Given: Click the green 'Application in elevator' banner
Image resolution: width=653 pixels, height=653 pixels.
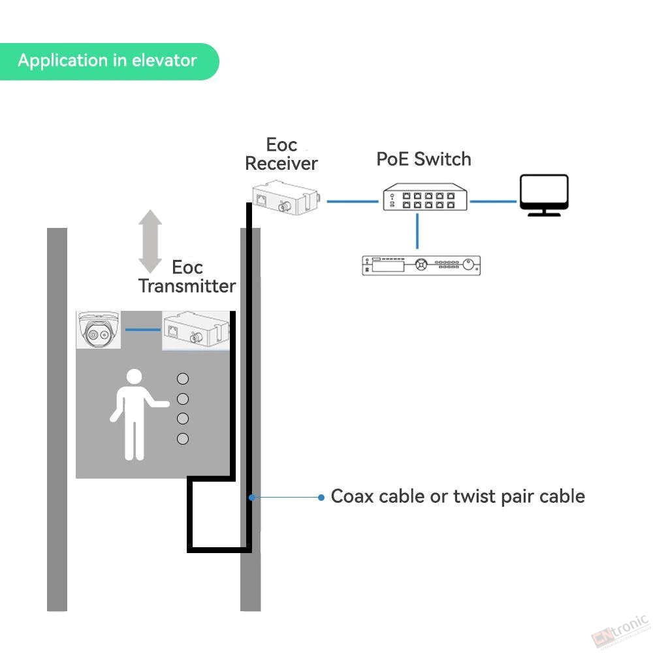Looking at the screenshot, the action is coord(109,61).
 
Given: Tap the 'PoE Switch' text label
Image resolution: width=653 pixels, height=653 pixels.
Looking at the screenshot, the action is coord(424,159).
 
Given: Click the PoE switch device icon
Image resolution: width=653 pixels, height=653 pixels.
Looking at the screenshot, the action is coord(425,197).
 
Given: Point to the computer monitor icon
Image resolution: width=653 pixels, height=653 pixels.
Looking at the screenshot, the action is coord(544,195).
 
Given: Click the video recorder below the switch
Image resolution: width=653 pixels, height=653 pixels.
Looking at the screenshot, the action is coord(421,265).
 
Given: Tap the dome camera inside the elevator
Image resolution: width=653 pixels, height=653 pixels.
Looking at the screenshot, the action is coord(99,329).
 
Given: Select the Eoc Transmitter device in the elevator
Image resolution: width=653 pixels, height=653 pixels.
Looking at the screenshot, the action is coord(196,330).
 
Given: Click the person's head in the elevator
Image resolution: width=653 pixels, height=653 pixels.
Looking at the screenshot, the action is coord(134,377).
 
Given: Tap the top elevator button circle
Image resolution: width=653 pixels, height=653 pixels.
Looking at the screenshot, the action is coord(183,379).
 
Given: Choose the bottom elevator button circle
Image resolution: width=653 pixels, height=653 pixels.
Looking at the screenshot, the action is coord(183,439).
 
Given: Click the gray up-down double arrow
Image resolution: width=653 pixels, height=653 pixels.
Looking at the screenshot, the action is coord(150,241).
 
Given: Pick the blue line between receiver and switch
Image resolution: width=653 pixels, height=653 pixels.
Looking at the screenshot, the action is coord(353,202).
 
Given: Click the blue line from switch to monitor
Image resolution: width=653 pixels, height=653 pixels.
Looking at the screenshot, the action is coord(493,202).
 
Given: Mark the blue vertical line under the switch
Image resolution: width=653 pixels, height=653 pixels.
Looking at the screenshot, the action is coord(417,231).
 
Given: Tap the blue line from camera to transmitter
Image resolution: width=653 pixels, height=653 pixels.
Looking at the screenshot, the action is coord(143,330).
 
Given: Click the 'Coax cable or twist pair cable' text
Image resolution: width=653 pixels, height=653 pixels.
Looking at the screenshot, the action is coord(458,496).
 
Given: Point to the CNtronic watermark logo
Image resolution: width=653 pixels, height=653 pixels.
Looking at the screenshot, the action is coord(620,631).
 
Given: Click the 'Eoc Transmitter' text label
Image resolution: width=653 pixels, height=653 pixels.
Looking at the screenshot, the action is coord(187,276).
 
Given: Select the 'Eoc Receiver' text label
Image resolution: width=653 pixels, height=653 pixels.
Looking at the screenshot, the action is coord(281,154).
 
